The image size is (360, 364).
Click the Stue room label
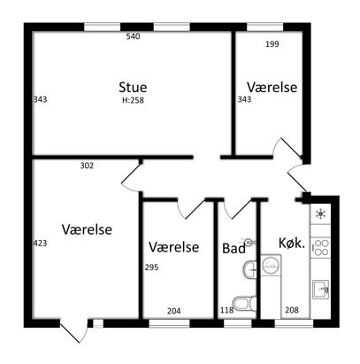click(133, 88)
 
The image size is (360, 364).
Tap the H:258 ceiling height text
click(133, 100)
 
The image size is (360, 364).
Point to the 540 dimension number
click(133, 36)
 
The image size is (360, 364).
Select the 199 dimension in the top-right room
click(272, 44)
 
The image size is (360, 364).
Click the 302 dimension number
click(87, 166)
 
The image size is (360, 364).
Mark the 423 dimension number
click(40, 244)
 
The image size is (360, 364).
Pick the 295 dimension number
click(151, 267)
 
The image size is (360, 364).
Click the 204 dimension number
click(174, 311)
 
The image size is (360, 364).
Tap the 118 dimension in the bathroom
click(227, 310)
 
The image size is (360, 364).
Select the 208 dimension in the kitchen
click(292, 310)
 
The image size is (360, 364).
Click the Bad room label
click(234, 248)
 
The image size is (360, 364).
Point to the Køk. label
click(292, 244)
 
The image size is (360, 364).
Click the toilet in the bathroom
click(245, 304)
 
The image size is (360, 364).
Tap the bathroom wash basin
click(250, 269)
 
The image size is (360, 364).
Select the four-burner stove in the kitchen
click(320, 248)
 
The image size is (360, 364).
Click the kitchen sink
click(320, 290)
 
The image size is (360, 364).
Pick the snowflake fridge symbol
click(320, 214)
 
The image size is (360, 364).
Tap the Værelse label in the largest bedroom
click(87, 229)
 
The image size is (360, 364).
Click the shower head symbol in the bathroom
click(249, 243)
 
